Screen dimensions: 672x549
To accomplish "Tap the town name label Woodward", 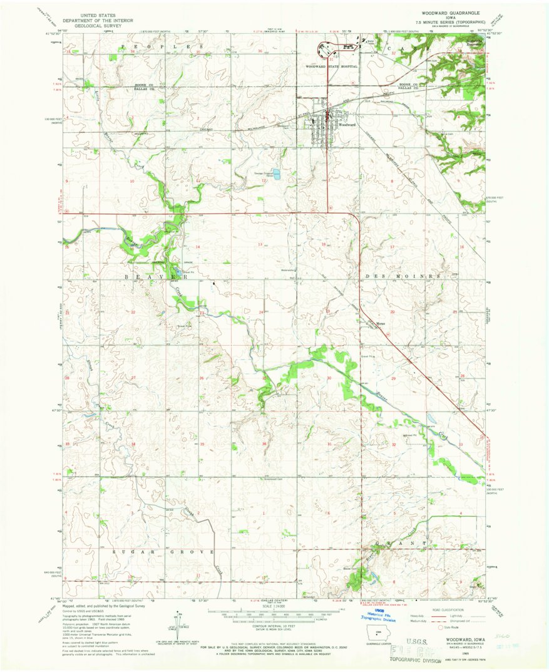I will pos(347,125).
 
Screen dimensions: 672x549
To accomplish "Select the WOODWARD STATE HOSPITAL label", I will pos(331,66).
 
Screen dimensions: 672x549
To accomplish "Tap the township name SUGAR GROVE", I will pos(164,552).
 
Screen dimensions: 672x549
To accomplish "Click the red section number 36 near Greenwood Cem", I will pos(264,444).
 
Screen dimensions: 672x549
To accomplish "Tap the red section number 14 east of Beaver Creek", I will pos(197,247).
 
